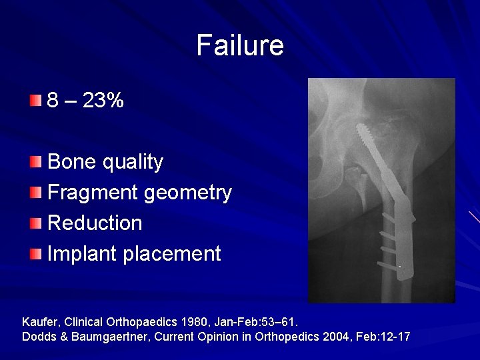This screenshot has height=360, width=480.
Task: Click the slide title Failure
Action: coord(240,45)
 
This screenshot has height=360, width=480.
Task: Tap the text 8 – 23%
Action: coord(85,101)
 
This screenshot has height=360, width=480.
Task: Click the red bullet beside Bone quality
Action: coord(35,162)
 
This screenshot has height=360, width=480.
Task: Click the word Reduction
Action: coord(95,223)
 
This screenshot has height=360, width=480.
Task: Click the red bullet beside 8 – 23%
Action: coord(35,101)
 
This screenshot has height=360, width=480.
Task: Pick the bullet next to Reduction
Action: coord(35,223)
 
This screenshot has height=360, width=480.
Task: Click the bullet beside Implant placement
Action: coord(35,254)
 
